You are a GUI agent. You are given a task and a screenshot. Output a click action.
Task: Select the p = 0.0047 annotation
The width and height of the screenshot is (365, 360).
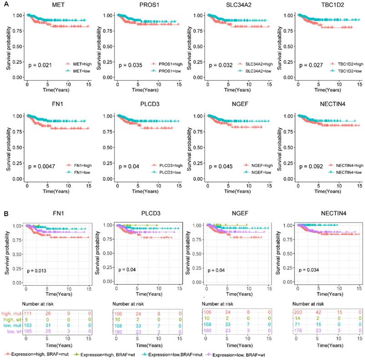point(42,166)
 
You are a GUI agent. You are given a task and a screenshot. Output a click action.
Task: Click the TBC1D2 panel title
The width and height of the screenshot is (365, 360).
point(325,5)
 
